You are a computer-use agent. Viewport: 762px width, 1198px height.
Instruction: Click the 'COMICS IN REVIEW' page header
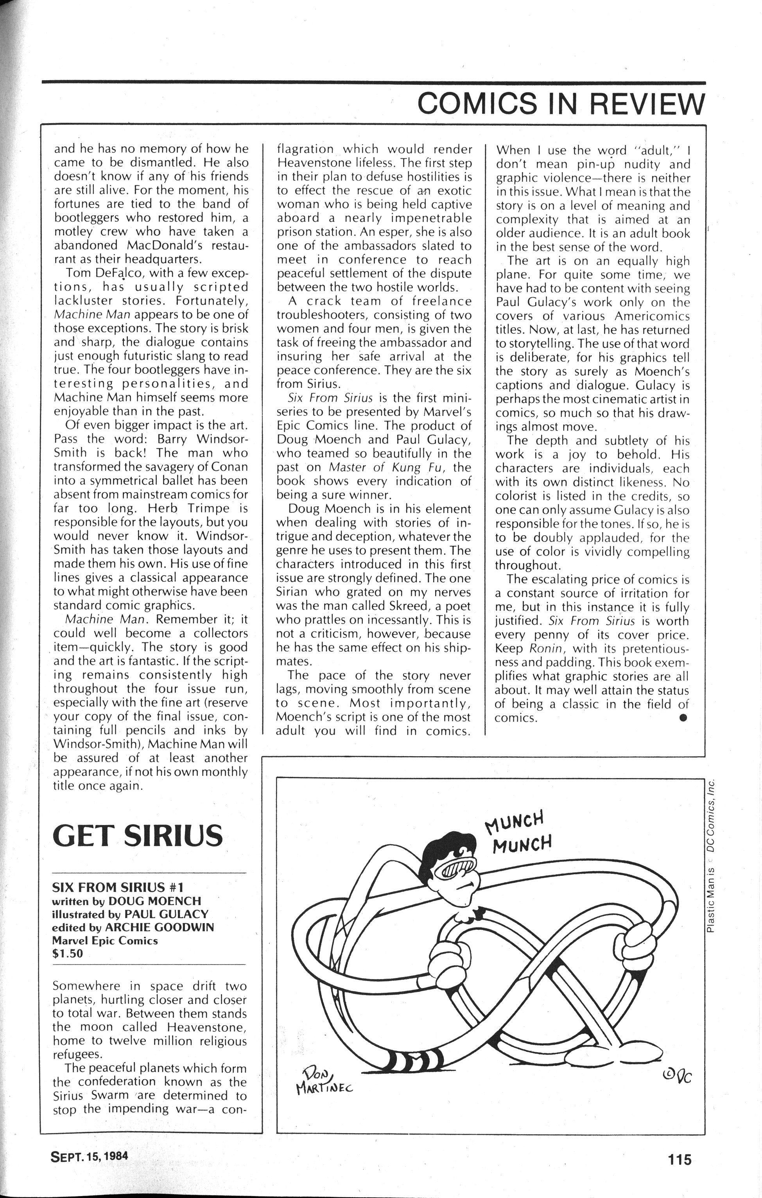(561, 104)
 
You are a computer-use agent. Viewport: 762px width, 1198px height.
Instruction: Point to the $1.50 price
(67, 954)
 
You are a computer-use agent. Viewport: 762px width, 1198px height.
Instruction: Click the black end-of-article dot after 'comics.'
(683, 717)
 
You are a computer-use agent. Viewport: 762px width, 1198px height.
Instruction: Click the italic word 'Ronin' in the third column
(545, 649)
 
